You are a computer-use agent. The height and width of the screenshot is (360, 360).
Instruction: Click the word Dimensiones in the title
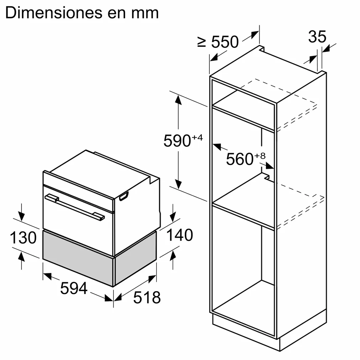pos(54,13)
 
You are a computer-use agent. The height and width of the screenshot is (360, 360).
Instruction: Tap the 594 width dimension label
pos(74,288)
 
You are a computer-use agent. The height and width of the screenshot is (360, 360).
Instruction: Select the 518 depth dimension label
pos(147,297)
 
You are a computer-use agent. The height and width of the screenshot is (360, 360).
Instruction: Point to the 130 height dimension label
pos(23,237)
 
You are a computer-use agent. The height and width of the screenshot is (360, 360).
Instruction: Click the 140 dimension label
pos(179,235)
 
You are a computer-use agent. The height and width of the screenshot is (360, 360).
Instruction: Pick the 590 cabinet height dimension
pos(177,141)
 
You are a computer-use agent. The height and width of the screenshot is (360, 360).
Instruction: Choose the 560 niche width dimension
pos(240,159)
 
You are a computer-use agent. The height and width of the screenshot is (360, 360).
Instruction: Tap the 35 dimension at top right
pos(317,37)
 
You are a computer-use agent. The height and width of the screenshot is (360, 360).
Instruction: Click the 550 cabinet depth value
pos(225,42)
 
